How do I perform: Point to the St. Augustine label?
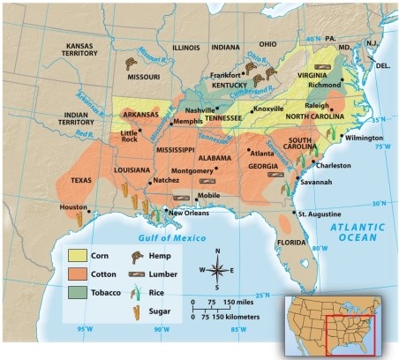point(317,214)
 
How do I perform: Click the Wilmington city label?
point(365,139)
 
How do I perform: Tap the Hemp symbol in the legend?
point(137,257)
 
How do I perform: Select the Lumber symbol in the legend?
point(137,274)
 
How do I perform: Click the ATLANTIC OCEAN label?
point(358,232)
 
